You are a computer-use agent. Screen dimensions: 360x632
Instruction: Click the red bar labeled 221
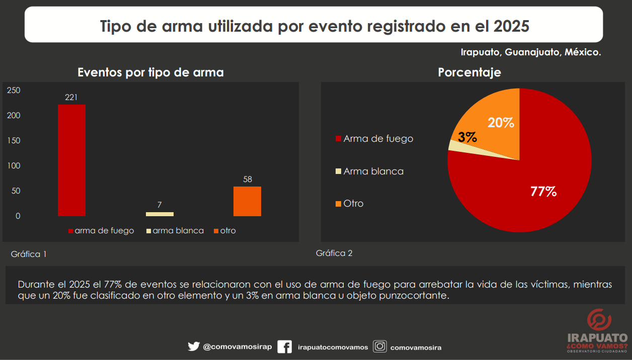tap(71, 160)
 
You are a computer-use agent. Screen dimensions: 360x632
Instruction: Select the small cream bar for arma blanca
tap(160, 214)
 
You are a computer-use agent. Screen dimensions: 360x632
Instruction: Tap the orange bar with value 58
tap(247, 201)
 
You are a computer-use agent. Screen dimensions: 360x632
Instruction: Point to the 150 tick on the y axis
tap(14, 141)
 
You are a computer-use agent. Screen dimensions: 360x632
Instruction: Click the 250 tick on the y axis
tap(14, 91)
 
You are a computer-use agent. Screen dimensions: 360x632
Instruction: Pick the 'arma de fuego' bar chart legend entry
tap(101, 231)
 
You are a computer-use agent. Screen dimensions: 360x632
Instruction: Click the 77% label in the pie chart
tap(543, 191)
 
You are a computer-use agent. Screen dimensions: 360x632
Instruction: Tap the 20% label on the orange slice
tap(501, 123)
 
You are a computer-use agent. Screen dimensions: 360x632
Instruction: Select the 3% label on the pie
tap(467, 137)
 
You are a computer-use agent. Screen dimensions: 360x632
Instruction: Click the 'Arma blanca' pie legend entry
tap(370, 171)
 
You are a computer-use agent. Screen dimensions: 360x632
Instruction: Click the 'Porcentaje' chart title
tap(469, 72)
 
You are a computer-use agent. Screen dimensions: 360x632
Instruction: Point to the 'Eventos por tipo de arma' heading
tap(150, 72)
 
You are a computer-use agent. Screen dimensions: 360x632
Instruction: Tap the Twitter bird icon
tap(194, 346)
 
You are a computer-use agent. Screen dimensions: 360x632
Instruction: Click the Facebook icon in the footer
tap(284, 347)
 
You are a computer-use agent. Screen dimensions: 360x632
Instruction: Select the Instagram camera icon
tap(380, 346)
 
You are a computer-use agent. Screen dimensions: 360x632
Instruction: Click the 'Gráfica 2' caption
tap(334, 253)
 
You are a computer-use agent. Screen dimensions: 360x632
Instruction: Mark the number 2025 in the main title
tap(511, 26)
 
